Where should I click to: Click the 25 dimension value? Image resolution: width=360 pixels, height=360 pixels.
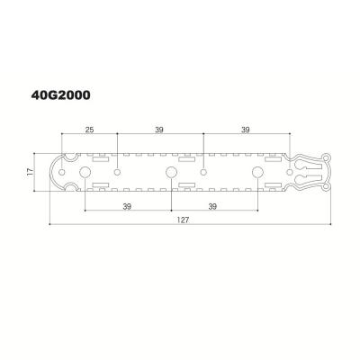[x=89, y=130]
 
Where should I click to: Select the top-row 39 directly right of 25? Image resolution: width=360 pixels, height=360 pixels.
[x=159, y=130]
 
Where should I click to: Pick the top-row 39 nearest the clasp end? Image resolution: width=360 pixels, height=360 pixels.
[x=247, y=130]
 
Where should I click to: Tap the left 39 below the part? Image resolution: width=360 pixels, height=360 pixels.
[x=127, y=207]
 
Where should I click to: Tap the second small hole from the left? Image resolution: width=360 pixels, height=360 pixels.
[x=117, y=170]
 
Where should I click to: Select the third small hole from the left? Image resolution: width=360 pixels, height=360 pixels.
[x=204, y=170]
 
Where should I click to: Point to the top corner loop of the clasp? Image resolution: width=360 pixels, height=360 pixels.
[x=328, y=157]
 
